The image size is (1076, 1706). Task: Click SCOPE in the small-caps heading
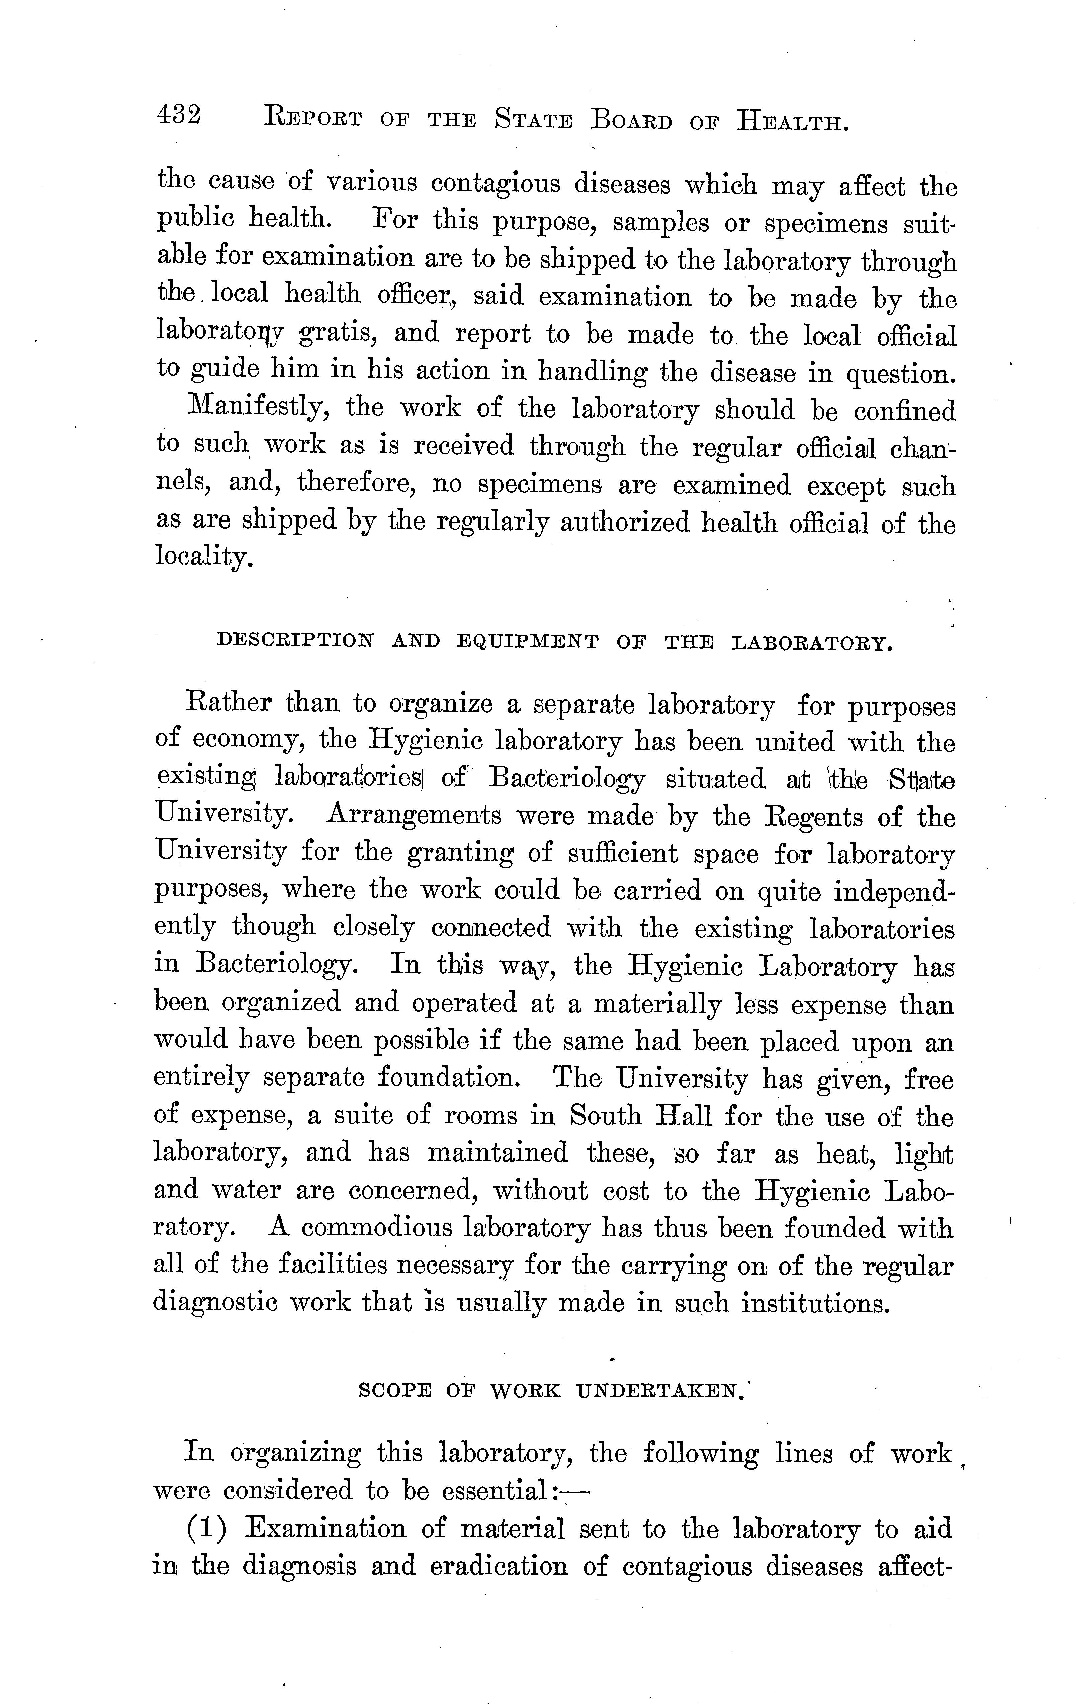[395, 1391]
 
